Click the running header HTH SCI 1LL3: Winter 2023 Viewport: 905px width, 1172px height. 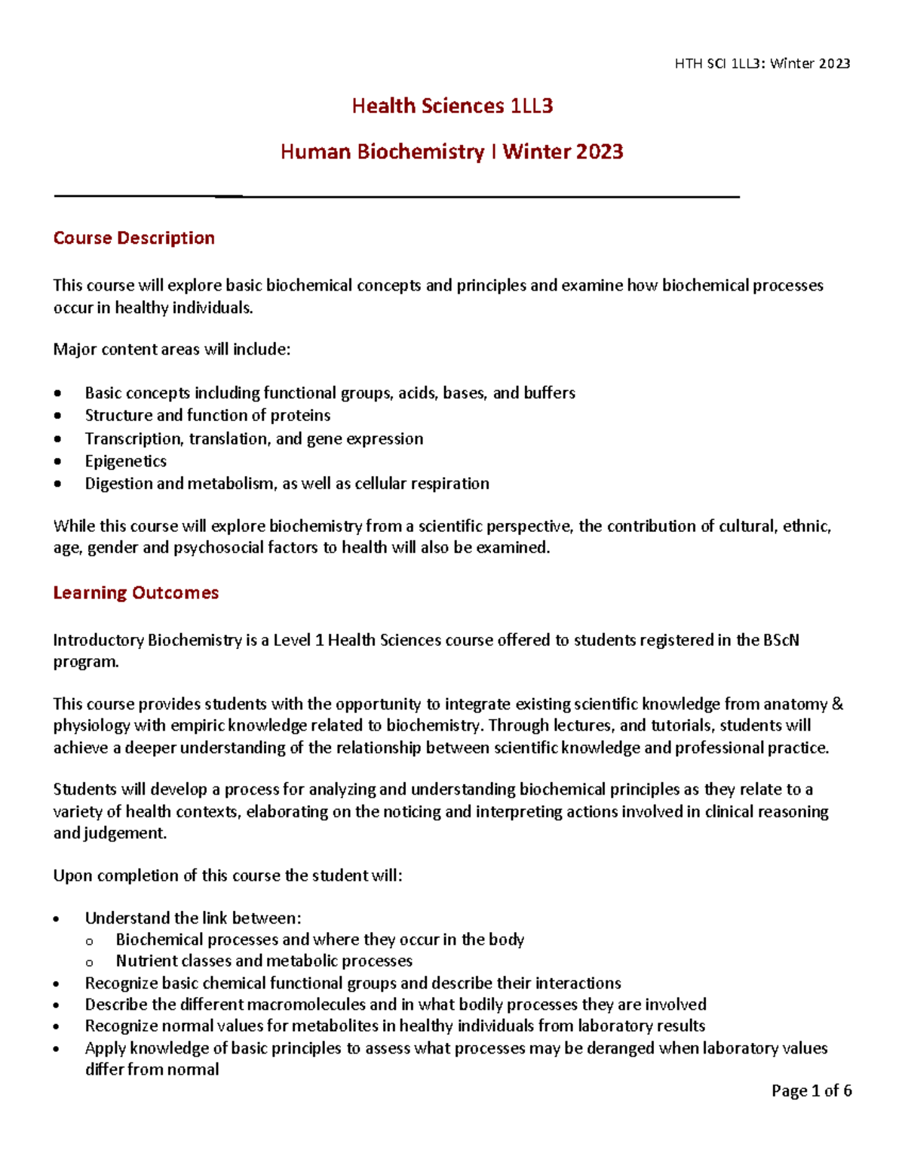pyautogui.click(x=762, y=64)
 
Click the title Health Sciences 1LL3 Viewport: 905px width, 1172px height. pyautogui.click(x=452, y=106)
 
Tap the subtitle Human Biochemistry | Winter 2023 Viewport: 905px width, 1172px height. pyautogui.click(x=452, y=152)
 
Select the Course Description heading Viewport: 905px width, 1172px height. pyautogui.click(x=133, y=238)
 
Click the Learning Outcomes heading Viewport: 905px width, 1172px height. pyautogui.click(x=136, y=593)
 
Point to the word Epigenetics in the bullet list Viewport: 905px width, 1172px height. pyautogui.click(x=125, y=461)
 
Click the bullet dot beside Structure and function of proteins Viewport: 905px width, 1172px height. pyautogui.click(x=58, y=416)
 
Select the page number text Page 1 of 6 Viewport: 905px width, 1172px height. pyautogui.click(x=811, y=1090)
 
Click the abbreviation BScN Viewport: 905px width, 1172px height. pyautogui.click(x=781, y=640)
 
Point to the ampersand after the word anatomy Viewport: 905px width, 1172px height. pyautogui.click(x=837, y=704)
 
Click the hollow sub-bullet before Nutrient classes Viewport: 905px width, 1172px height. pyautogui.click(x=90, y=962)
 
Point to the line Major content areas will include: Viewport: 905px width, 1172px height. pyautogui.click(x=171, y=349)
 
